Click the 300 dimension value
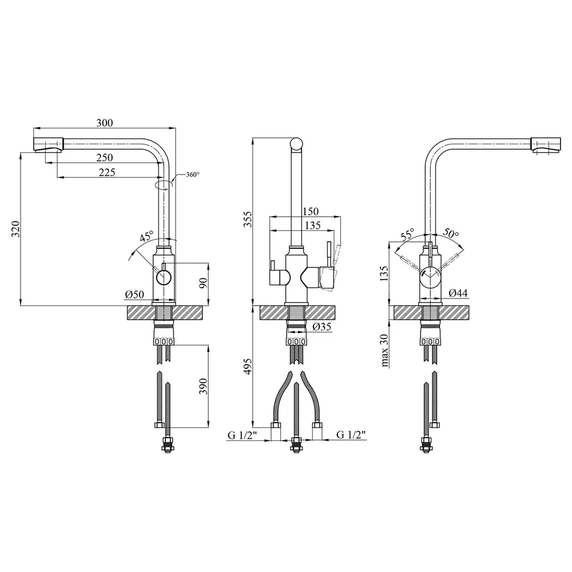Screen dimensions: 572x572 (x=105, y=123)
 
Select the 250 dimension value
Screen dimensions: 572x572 (x=105, y=158)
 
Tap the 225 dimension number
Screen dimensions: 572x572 (x=107, y=172)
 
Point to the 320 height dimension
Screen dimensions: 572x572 (x=15, y=229)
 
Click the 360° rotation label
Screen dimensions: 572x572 (x=193, y=174)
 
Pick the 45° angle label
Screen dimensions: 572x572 (x=146, y=236)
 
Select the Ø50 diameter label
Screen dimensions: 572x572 (x=134, y=295)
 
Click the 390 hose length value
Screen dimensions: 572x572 (x=204, y=387)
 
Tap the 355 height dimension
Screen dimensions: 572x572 (x=248, y=219)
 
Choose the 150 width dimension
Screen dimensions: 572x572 (x=311, y=211)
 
